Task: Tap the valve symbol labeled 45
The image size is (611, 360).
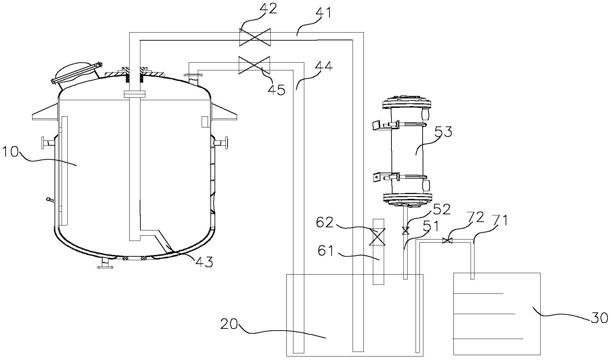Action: (x=254, y=65)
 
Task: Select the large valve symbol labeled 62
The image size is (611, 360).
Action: (x=379, y=237)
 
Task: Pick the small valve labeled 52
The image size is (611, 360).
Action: (x=406, y=230)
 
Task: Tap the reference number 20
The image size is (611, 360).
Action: (x=230, y=324)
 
